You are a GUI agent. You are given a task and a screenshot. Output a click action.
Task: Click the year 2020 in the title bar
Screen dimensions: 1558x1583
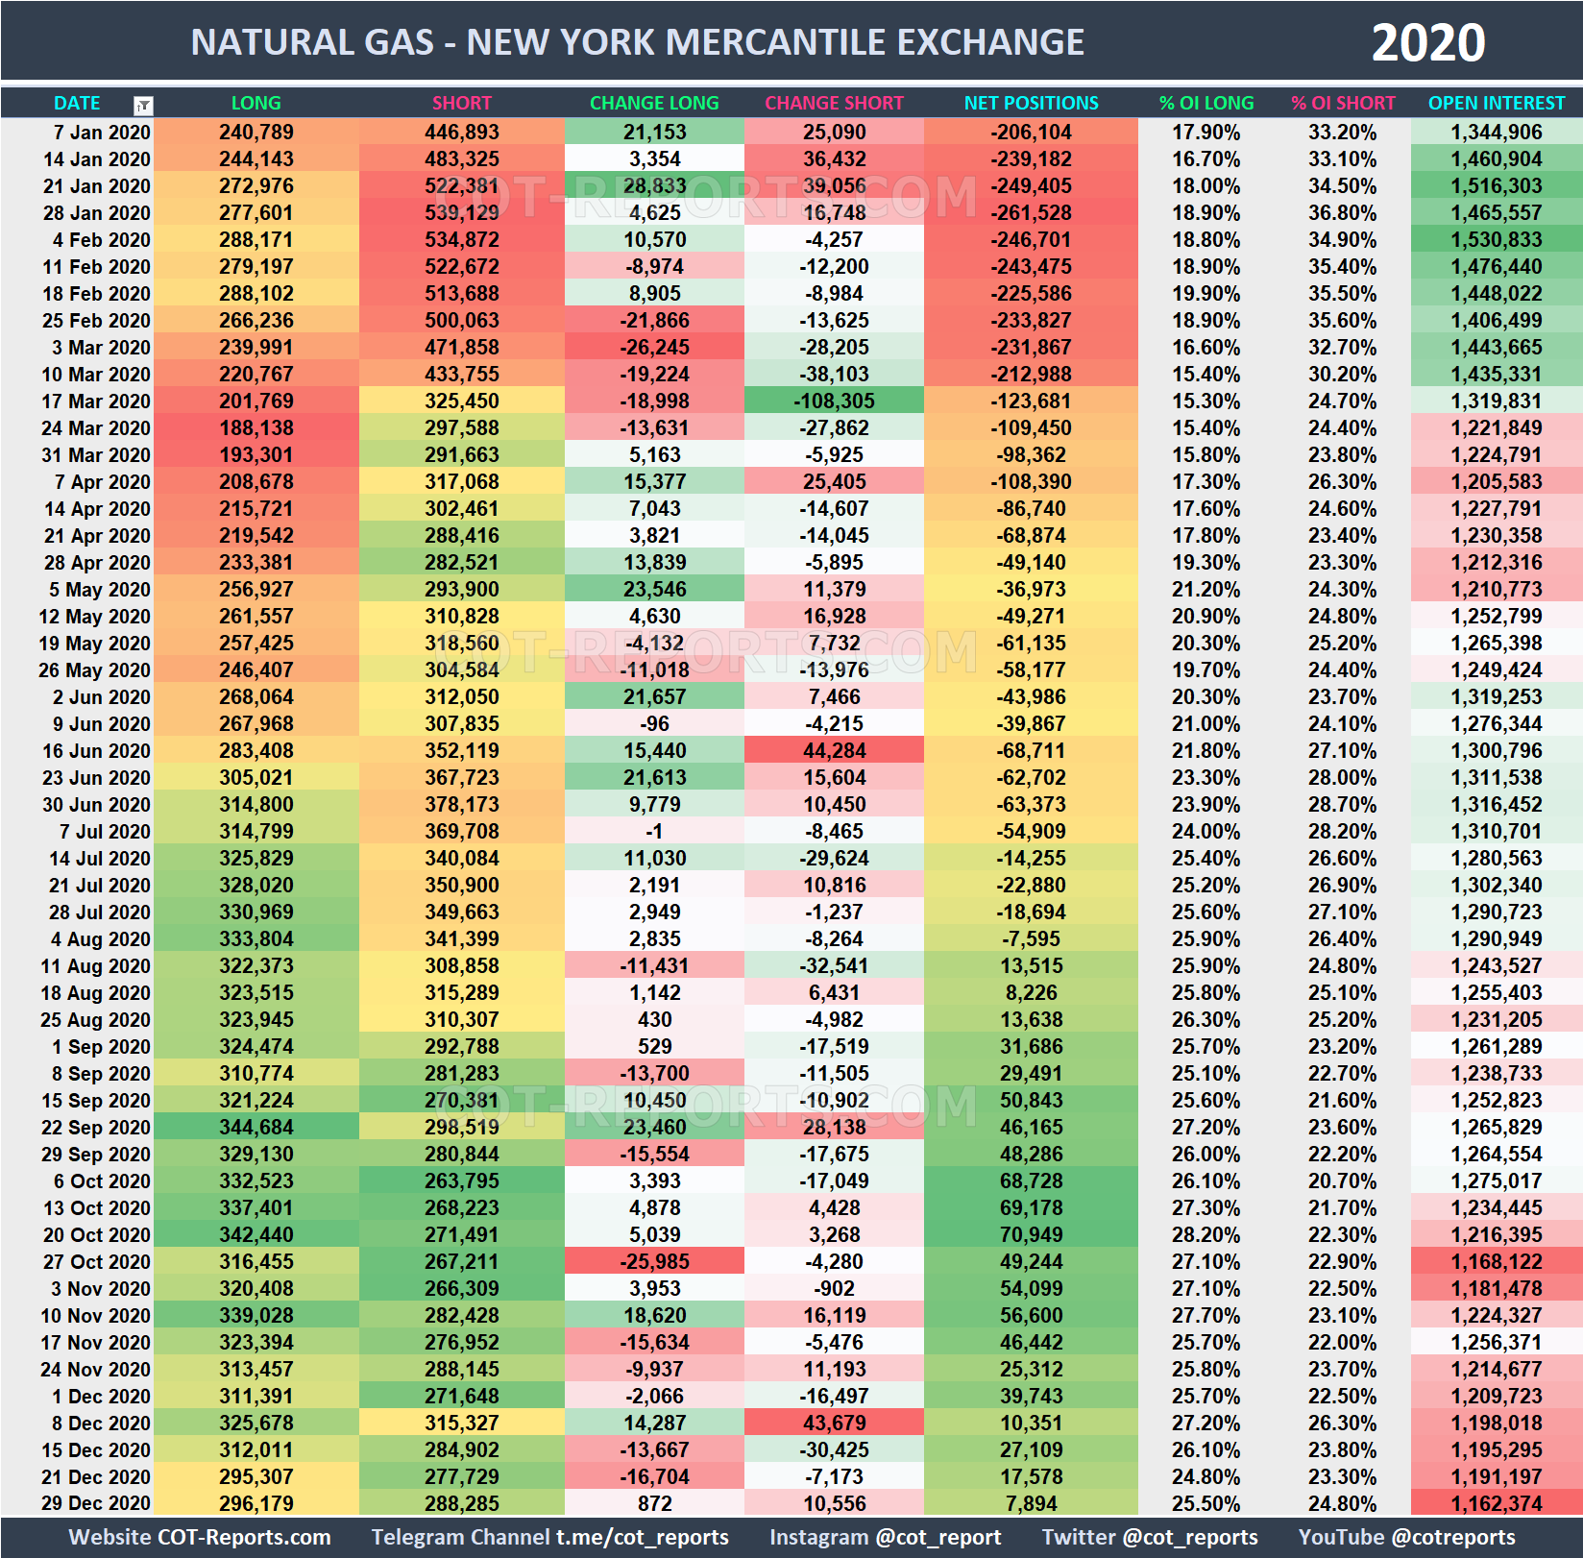1427,43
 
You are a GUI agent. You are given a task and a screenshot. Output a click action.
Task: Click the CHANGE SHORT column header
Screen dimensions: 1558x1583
834,103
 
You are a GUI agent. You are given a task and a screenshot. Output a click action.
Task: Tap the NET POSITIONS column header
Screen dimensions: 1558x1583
1031,103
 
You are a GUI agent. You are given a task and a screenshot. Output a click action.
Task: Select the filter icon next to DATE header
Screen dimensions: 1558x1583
142,105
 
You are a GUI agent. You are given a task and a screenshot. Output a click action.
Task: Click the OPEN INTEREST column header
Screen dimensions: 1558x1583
1496,103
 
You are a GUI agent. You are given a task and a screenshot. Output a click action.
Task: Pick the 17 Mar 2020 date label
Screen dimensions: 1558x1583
95,402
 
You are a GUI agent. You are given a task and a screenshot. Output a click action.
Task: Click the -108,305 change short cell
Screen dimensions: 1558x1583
834,402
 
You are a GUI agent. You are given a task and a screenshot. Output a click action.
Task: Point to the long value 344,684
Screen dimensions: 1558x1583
256,1128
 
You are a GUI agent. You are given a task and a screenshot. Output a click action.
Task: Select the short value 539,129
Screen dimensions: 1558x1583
461,213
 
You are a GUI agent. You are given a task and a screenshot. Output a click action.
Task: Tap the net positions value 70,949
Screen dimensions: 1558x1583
1031,1235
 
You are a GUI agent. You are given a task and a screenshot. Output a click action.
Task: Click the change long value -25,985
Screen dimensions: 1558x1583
654,1262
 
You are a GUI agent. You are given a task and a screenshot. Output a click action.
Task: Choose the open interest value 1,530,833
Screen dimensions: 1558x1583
1496,240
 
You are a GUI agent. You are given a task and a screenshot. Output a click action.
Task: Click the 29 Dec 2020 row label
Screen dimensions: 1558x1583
95,1504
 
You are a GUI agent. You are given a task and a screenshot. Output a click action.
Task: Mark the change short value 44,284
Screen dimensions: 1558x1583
834,751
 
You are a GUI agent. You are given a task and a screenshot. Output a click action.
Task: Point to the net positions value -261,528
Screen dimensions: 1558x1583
1031,213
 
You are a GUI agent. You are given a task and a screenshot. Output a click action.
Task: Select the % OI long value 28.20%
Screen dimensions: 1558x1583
1206,1235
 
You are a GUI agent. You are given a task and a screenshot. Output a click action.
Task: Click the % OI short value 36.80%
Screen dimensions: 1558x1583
1342,213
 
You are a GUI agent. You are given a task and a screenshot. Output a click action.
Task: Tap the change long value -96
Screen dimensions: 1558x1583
654,724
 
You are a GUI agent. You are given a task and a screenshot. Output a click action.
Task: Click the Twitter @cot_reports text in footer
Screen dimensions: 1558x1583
1149,1537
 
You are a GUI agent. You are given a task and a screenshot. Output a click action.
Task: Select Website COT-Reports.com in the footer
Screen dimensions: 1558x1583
200,1537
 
